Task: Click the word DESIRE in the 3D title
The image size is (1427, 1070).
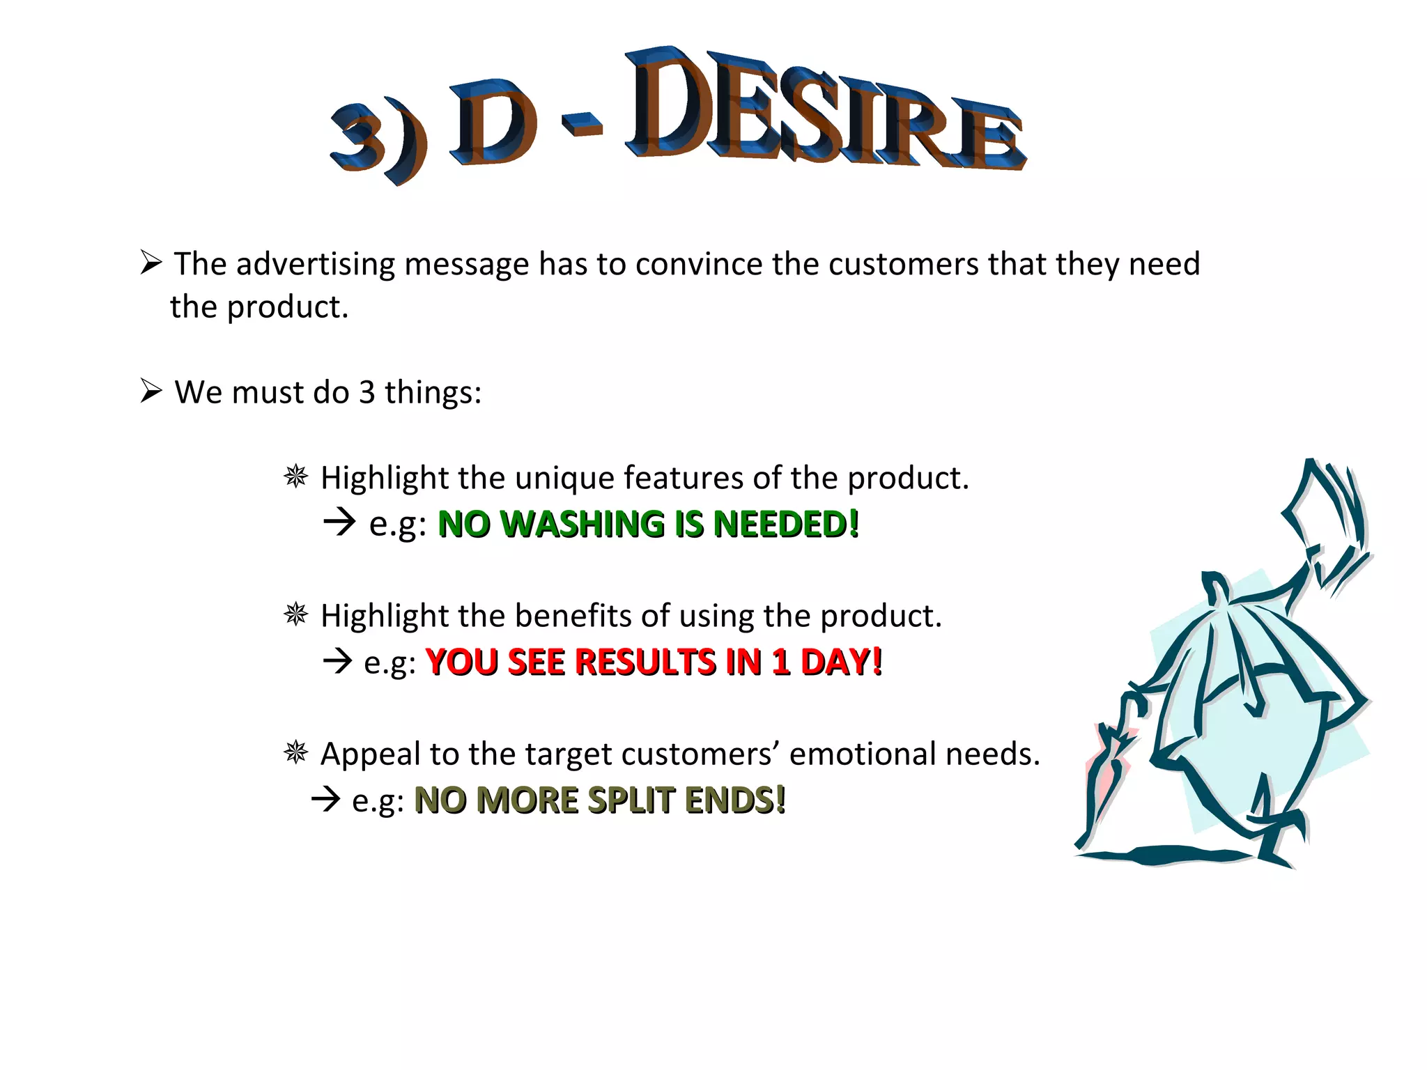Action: pyautogui.click(x=822, y=111)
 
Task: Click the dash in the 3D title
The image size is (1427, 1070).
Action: pyautogui.click(x=582, y=125)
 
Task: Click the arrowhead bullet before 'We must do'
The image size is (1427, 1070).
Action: pyautogui.click(x=151, y=391)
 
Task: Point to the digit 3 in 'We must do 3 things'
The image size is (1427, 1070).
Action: pyautogui.click(x=367, y=392)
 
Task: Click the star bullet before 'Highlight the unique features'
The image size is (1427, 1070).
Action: pyautogui.click(x=296, y=477)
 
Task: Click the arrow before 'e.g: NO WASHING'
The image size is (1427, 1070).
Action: pyautogui.click(x=340, y=522)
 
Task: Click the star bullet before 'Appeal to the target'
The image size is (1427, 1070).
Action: pyautogui.click(x=296, y=753)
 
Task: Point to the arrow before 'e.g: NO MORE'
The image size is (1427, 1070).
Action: pyautogui.click(x=326, y=799)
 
